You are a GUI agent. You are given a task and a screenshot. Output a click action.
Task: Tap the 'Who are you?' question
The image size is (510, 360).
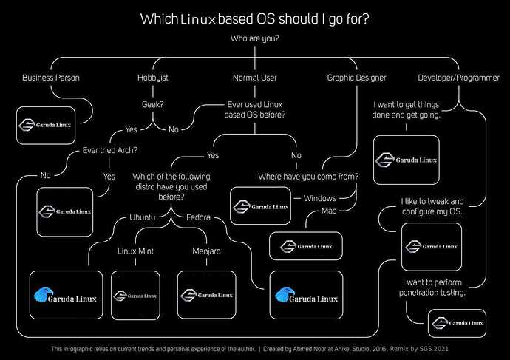[254, 37]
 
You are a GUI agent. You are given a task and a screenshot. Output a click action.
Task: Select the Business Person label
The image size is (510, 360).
[51, 77]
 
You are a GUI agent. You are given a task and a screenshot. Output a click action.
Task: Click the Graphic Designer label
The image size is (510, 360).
[356, 77]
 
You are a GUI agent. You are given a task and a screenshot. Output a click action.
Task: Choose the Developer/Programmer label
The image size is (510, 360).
[453, 77]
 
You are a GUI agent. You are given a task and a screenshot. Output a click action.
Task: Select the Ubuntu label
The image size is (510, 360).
[143, 217]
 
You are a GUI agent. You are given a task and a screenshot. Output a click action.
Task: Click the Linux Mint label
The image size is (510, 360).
[135, 251]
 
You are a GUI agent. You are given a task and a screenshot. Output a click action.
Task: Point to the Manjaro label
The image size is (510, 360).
[206, 251]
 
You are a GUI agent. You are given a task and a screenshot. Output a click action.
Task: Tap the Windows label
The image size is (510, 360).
[320, 198]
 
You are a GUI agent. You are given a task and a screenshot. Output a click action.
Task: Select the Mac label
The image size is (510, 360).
[329, 211]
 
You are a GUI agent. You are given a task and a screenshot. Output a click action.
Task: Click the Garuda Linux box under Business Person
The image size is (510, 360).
[46, 123]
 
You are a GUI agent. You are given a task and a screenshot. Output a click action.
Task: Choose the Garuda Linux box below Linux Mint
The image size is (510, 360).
[135, 295]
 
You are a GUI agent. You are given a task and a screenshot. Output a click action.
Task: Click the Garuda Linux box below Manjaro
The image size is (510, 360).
[206, 295]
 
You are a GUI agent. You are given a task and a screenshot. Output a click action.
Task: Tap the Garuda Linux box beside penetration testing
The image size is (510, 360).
[456, 322]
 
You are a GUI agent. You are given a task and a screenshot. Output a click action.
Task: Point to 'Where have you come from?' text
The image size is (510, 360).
[308, 177]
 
